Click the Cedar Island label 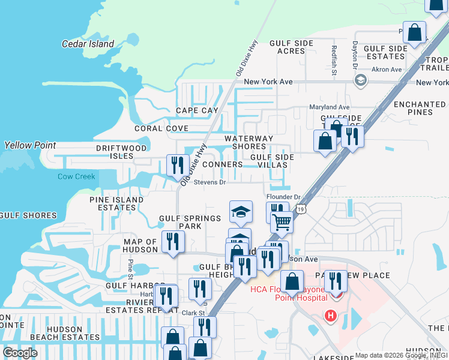88,44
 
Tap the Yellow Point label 30,145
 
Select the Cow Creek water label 76,176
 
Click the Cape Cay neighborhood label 197,110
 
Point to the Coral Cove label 161,128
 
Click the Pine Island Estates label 116,203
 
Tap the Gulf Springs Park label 190,222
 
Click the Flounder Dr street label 283,197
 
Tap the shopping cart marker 282,223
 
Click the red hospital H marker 330,315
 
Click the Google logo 20,353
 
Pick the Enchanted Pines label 420,108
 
